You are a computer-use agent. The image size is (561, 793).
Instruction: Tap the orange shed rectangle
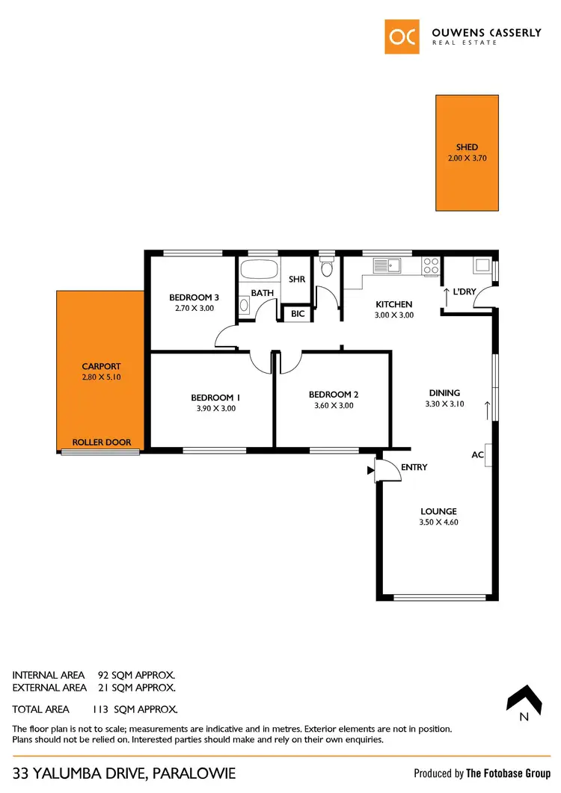467,152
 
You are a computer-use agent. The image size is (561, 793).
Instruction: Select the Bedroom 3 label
194,297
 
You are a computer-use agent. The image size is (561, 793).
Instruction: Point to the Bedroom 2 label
334,394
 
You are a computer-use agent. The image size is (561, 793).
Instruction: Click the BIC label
298,314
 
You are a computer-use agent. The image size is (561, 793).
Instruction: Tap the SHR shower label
297,279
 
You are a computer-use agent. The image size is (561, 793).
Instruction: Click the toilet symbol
326,268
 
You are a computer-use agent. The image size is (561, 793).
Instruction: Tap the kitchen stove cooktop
432,265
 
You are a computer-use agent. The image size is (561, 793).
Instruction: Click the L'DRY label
465,291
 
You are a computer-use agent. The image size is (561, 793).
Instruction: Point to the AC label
477,454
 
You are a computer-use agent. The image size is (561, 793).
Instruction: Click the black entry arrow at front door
370,471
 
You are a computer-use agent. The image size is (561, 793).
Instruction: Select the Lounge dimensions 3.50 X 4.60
439,522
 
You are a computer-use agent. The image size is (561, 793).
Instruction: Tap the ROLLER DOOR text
101,442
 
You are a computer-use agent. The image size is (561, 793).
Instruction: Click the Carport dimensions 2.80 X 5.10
101,377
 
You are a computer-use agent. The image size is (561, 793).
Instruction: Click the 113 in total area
100,709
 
